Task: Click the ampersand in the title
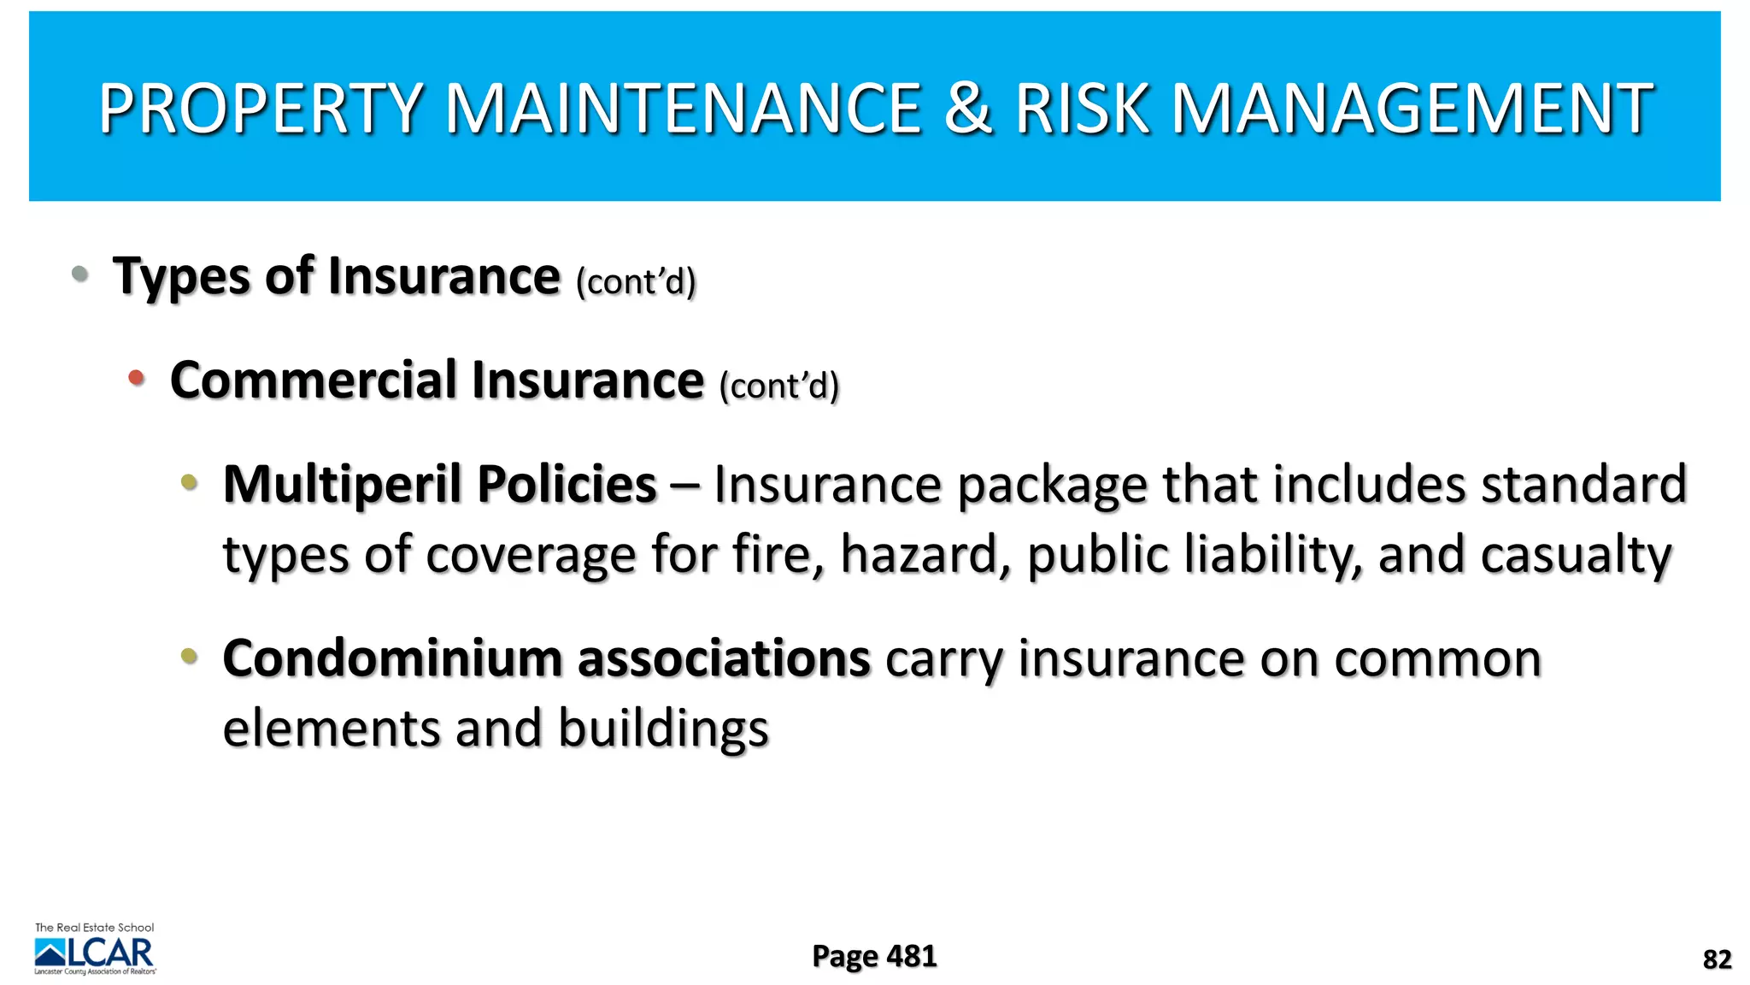(x=968, y=109)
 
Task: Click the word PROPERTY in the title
(x=261, y=109)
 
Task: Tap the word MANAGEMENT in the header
(x=1411, y=109)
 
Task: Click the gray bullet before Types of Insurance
(x=80, y=274)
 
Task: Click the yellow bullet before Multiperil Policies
(x=190, y=482)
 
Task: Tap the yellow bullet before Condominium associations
(x=190, y=657)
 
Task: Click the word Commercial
(x=313, y=380)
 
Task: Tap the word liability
(x=1273, y=555)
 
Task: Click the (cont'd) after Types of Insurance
(x=636, y=281)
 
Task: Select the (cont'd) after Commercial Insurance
(x=779, y=386)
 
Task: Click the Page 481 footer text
(x=874, y=956)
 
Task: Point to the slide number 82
(x=1717, y=959)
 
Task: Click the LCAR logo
(x=95, y=950)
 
